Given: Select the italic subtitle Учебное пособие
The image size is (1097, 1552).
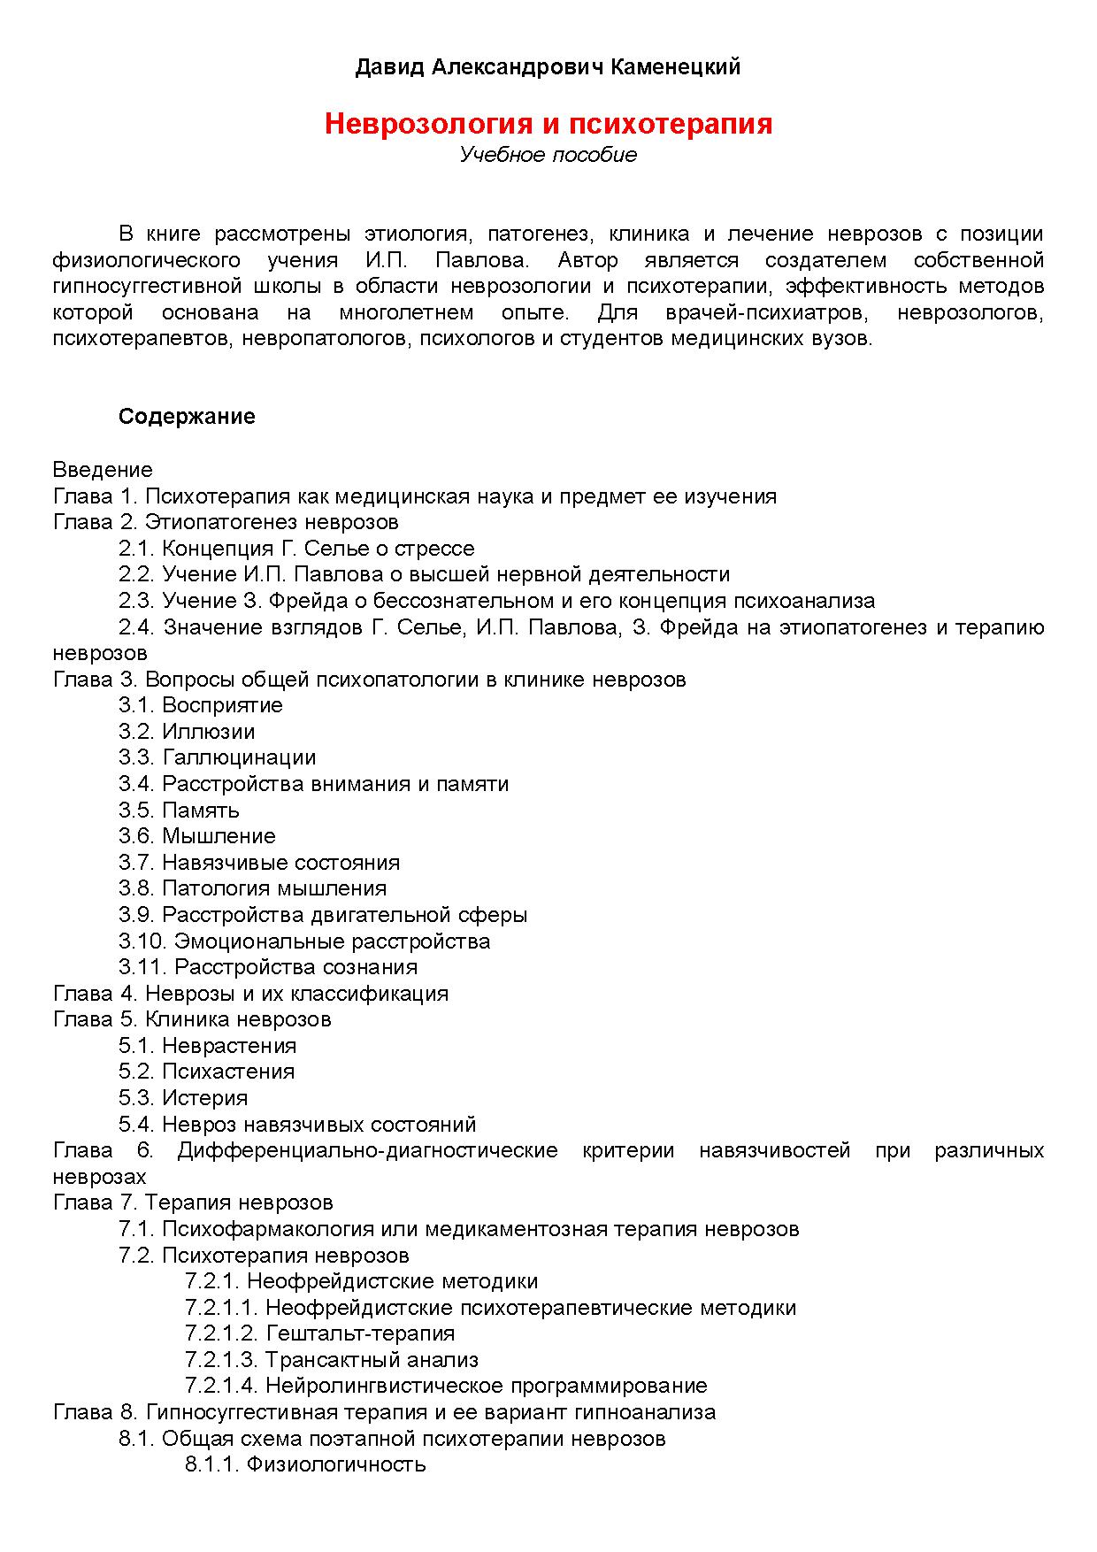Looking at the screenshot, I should click(548, 155).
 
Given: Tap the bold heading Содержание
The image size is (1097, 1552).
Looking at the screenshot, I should click(187, 417).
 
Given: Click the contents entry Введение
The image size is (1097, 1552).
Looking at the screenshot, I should click(103, 470).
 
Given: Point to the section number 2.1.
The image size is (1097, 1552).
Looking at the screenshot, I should click(136, 549).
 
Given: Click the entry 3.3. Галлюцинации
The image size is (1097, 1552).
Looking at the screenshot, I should click(218, 757).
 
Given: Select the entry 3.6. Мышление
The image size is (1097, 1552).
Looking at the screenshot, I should click(197, 836).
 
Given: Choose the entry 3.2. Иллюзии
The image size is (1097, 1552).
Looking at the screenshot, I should click(187, 732).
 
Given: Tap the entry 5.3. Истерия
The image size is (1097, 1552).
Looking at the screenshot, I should click(183, 1098).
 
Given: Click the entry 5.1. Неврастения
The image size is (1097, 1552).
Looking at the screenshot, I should click(208, 1046).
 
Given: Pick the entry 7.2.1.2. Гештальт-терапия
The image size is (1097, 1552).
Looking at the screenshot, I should click(319, 1333).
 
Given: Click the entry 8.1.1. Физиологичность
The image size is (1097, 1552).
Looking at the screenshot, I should click(305, 1464).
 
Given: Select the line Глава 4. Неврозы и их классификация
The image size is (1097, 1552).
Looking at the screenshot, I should click(250, 994).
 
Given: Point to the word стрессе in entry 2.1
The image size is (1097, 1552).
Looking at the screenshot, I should click(434, 549).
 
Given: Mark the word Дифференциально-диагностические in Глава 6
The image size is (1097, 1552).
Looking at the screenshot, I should click(367, 1150).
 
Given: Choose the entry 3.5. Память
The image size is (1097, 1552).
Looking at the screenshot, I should click(179, 811).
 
